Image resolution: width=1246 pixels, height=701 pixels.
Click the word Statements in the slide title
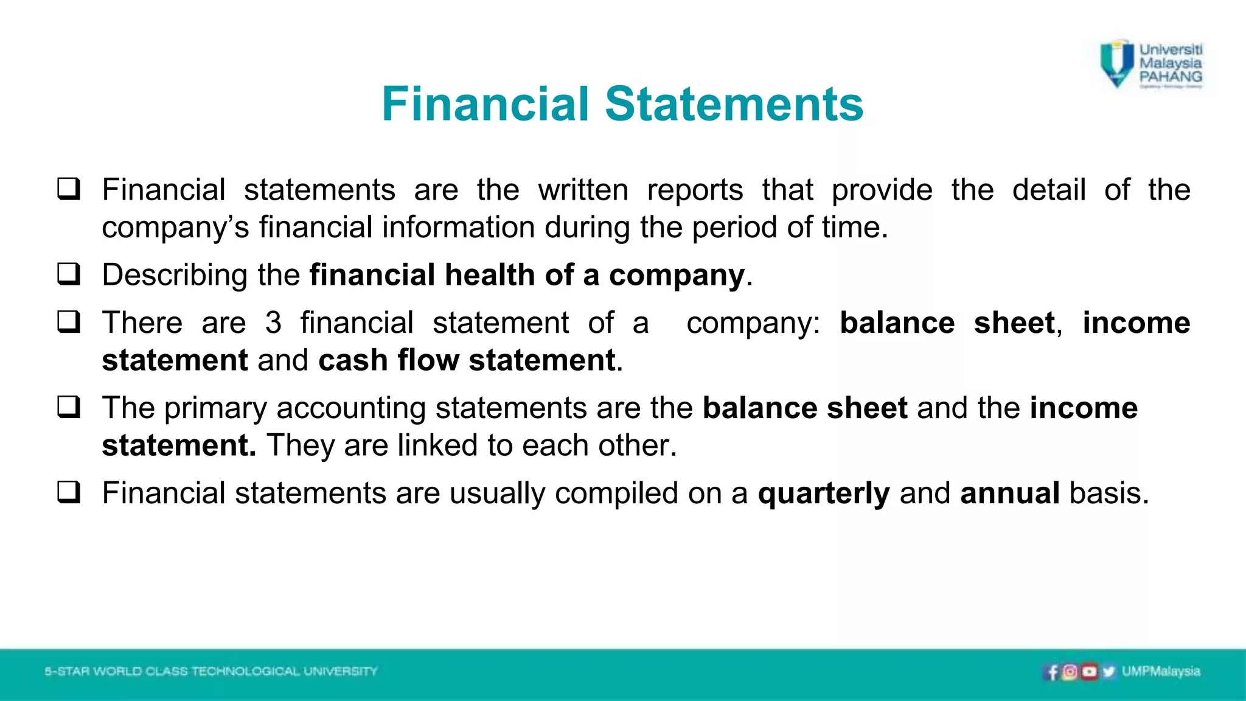pos(734,104)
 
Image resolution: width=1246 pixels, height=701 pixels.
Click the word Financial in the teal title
pos(486,104)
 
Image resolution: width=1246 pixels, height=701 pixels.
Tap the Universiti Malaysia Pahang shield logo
pos(1117,63)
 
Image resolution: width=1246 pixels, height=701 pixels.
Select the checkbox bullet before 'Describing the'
pos(69,274)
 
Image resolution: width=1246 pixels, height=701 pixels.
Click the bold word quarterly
pos(824,493)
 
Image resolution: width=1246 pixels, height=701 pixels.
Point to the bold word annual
pos(1010,493)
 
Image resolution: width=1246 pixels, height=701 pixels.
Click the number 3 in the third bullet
pos(273,323)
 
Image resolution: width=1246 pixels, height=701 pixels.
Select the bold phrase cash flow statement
pos(467,360)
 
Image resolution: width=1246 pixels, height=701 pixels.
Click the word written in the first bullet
pos(583,190)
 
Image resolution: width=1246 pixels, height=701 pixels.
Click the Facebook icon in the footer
pos(1053,672)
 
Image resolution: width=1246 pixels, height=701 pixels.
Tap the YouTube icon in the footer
pos(1090,672)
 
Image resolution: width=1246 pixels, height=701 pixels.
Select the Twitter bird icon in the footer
pos(1109,672)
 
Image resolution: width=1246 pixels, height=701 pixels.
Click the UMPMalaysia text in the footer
pos(1161,671)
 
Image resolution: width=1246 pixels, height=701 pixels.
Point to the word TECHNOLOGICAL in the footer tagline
pos(246,671)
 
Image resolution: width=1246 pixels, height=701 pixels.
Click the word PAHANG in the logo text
pos(1171,77)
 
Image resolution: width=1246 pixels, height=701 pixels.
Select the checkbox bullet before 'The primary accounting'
pos(69,407)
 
